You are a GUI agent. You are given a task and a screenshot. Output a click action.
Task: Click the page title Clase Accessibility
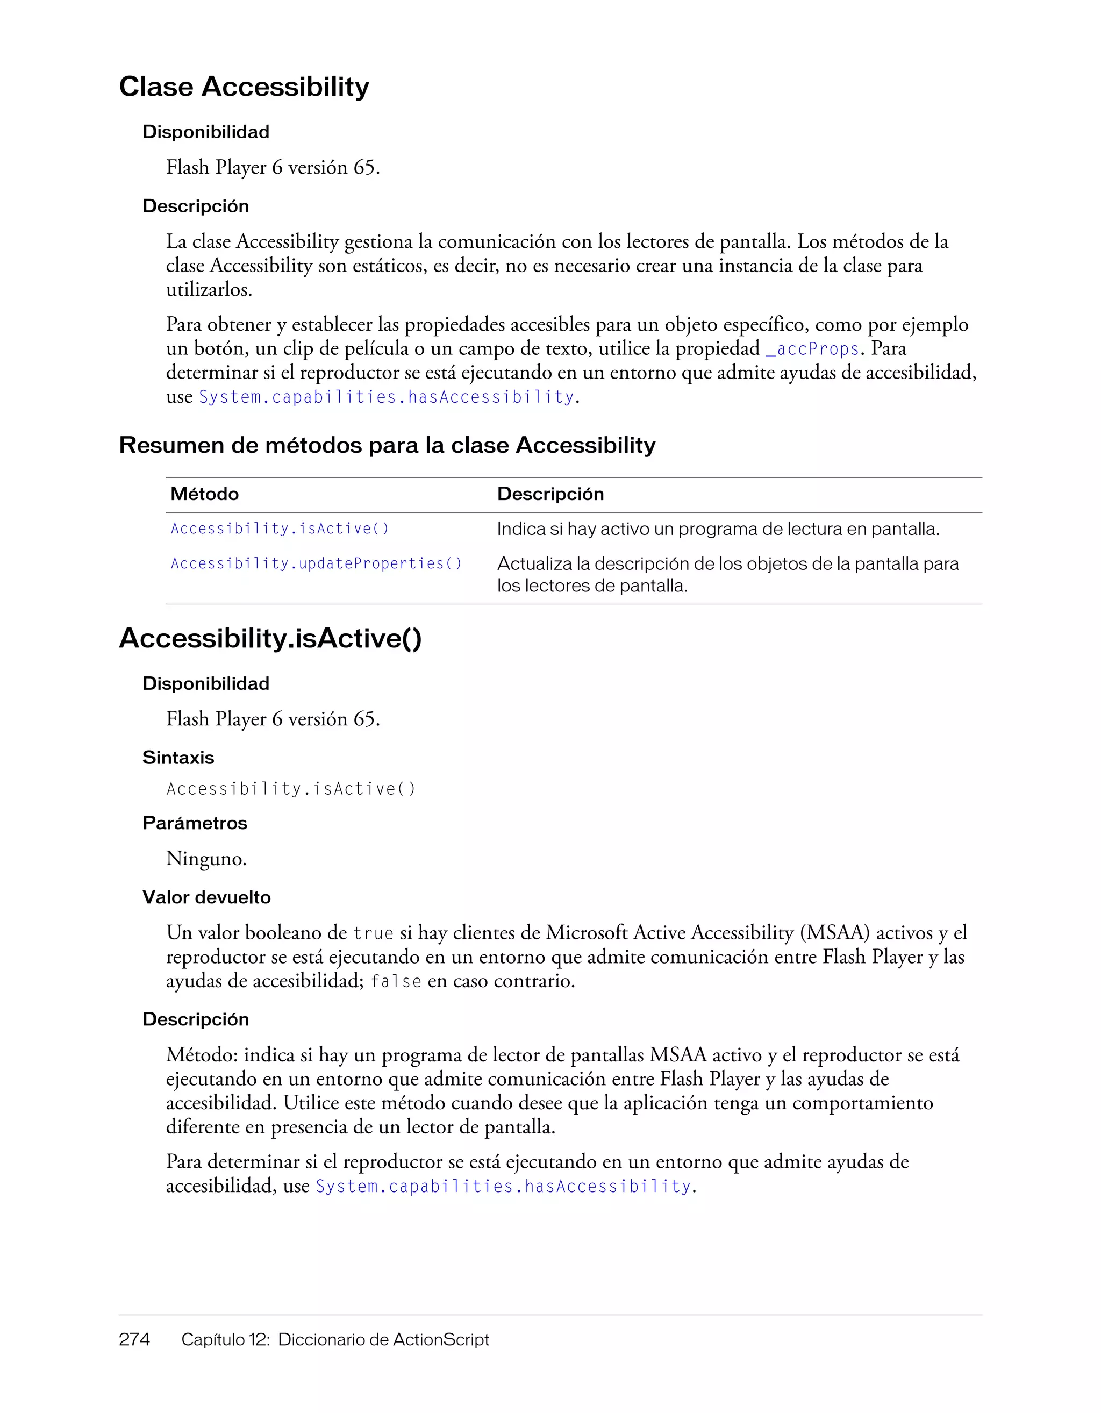tap(244, 87)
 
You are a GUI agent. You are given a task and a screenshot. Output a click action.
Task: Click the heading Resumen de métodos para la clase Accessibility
tap(387, 445)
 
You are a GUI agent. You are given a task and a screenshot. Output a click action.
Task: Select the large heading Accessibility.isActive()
tap(270, 639)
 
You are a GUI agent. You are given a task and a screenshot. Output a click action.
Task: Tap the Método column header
tap(204, 494)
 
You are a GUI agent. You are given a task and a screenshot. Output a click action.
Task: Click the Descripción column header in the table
tap(550, 494)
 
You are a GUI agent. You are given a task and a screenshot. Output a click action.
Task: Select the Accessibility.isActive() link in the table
tap(280, 529)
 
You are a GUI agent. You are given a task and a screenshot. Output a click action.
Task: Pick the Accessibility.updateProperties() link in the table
tap(316, 563)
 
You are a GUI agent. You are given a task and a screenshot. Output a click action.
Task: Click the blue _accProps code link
tap(812, 349)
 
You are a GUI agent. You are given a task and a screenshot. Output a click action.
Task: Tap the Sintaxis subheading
tap(178, 758)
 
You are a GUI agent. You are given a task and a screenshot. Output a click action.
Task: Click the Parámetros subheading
tap(195, 824)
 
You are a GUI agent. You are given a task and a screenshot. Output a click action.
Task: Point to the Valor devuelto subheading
tap(206, 897)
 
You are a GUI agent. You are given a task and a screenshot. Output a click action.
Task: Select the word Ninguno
tap(206, 859)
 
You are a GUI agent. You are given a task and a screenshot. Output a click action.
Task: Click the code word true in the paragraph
tap(373, 933)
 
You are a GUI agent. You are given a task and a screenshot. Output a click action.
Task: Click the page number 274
tap(134, 1339)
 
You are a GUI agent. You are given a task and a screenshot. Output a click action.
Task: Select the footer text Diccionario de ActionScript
tap(383, 1339)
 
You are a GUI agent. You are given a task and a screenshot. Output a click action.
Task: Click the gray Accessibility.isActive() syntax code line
tap(291, 789)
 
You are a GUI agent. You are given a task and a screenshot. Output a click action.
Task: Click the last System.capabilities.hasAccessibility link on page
tap(503, 1187)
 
